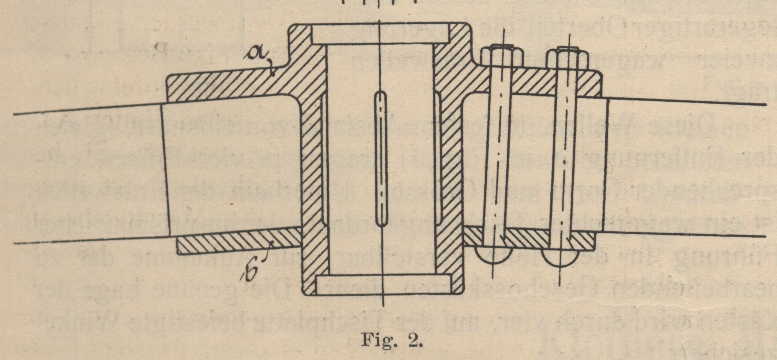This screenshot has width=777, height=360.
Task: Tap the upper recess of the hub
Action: coord(381,34)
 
